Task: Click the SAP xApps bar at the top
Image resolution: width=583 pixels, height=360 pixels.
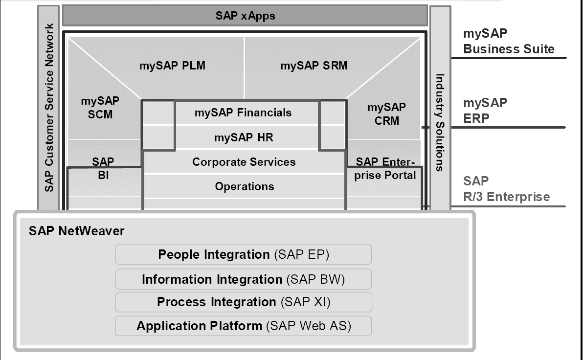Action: [245, 16]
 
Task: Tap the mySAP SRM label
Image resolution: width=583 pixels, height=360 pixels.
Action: [314, 66]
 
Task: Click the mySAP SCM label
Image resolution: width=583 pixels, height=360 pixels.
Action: [96, 108]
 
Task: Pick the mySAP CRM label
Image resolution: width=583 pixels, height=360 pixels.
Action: [386, 113]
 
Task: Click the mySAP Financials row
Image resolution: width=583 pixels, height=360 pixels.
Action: [243, 113]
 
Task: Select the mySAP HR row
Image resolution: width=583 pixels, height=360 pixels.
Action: [243, 137]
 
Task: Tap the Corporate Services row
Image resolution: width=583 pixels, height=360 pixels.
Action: [244, 162]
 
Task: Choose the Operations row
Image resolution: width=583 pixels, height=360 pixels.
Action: [244, 186]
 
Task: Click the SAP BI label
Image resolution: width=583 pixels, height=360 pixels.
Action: [103, 168]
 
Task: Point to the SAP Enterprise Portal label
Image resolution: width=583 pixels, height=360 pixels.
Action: [385, 168]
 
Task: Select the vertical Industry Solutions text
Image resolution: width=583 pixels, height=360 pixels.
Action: [440, 122]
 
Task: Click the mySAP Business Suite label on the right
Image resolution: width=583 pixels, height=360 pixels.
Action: [509, 42]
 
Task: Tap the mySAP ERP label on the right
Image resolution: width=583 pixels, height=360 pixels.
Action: [485, 111]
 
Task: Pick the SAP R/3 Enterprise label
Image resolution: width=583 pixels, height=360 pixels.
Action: [506, 189]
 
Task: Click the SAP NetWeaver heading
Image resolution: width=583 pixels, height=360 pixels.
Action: [76, 231]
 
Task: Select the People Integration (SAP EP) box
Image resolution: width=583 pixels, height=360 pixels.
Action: [243, 254]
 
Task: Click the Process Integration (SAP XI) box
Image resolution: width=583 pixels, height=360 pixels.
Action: [243, 302]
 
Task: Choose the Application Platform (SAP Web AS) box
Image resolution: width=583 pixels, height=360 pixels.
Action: [243, 326]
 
